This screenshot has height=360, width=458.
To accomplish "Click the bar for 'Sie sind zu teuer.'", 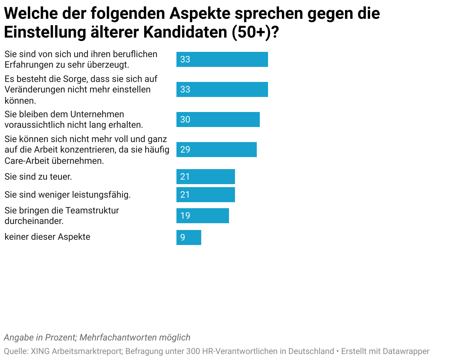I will coord(205,177).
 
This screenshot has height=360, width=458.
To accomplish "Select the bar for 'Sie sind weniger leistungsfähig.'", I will coord(205,195).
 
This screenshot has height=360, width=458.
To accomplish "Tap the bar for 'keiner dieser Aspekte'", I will coord(189,237).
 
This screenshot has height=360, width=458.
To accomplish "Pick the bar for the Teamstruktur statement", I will coord(202,216).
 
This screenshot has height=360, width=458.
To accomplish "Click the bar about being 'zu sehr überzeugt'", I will coord(222,59).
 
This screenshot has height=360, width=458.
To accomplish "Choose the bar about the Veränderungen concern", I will coord(222,89).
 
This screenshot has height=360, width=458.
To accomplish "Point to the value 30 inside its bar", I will coord(185,119).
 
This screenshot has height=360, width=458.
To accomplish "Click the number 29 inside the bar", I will coord(185,150).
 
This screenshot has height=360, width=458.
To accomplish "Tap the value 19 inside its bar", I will coord(185,216).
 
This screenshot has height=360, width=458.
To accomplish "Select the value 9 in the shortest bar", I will coord(182,237).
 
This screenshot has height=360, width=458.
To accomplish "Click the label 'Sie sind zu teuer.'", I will coord(38,176).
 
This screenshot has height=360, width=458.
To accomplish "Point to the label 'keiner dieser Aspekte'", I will coord(47,237).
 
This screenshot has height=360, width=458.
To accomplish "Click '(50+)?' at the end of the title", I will coord(255,32).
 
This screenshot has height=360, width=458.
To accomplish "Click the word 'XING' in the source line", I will coord(40,351).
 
